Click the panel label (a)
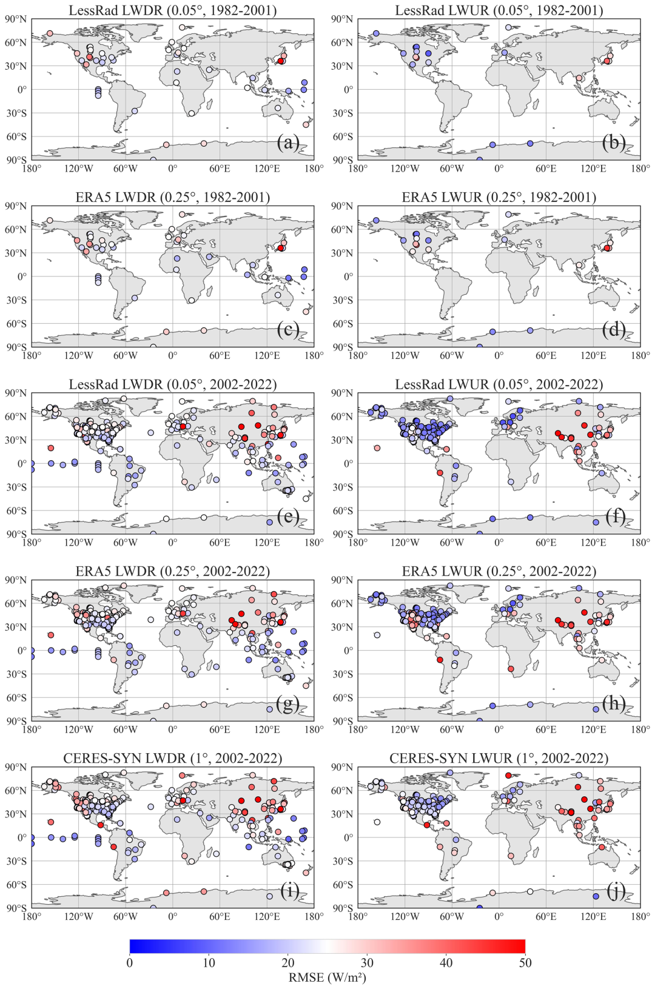287,142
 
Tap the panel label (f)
615,517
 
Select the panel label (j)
615,891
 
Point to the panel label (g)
287,703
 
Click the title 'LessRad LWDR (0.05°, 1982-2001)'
173,10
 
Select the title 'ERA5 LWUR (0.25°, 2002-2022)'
499,571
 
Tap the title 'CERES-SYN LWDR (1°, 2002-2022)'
173,758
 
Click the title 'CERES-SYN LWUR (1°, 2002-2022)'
499,758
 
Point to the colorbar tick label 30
367,963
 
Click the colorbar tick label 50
525,963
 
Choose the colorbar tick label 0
130,963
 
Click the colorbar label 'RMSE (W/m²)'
327,977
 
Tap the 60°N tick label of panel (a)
16,42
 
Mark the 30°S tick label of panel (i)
16,861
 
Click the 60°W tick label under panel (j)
452,917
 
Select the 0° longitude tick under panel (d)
499,355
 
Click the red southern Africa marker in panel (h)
511,669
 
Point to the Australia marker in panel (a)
278,108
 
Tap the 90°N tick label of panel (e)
16,393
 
